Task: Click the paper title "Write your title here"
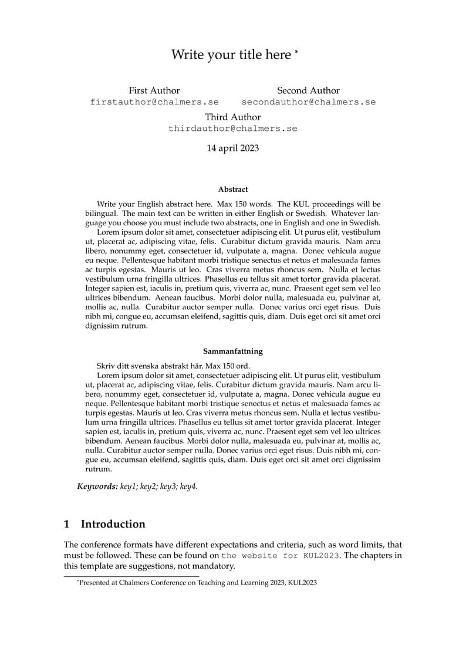coord(231,55)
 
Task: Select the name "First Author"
coord(154,90)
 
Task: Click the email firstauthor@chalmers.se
coord(154,102)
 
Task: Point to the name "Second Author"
coord(308,90)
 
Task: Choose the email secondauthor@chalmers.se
coord(308,102)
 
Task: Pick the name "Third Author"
coord(233,117)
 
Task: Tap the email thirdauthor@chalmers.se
coord(233,128)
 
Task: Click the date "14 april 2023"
coord(233,148)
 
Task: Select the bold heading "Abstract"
coord(233,190)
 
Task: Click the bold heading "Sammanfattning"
coord(233,352)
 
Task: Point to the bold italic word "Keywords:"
coord(97,487)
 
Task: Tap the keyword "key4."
coord(189,487)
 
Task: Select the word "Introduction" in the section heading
coord(113,524)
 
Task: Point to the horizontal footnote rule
coord(131,577)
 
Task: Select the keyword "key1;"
coord(129,487)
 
